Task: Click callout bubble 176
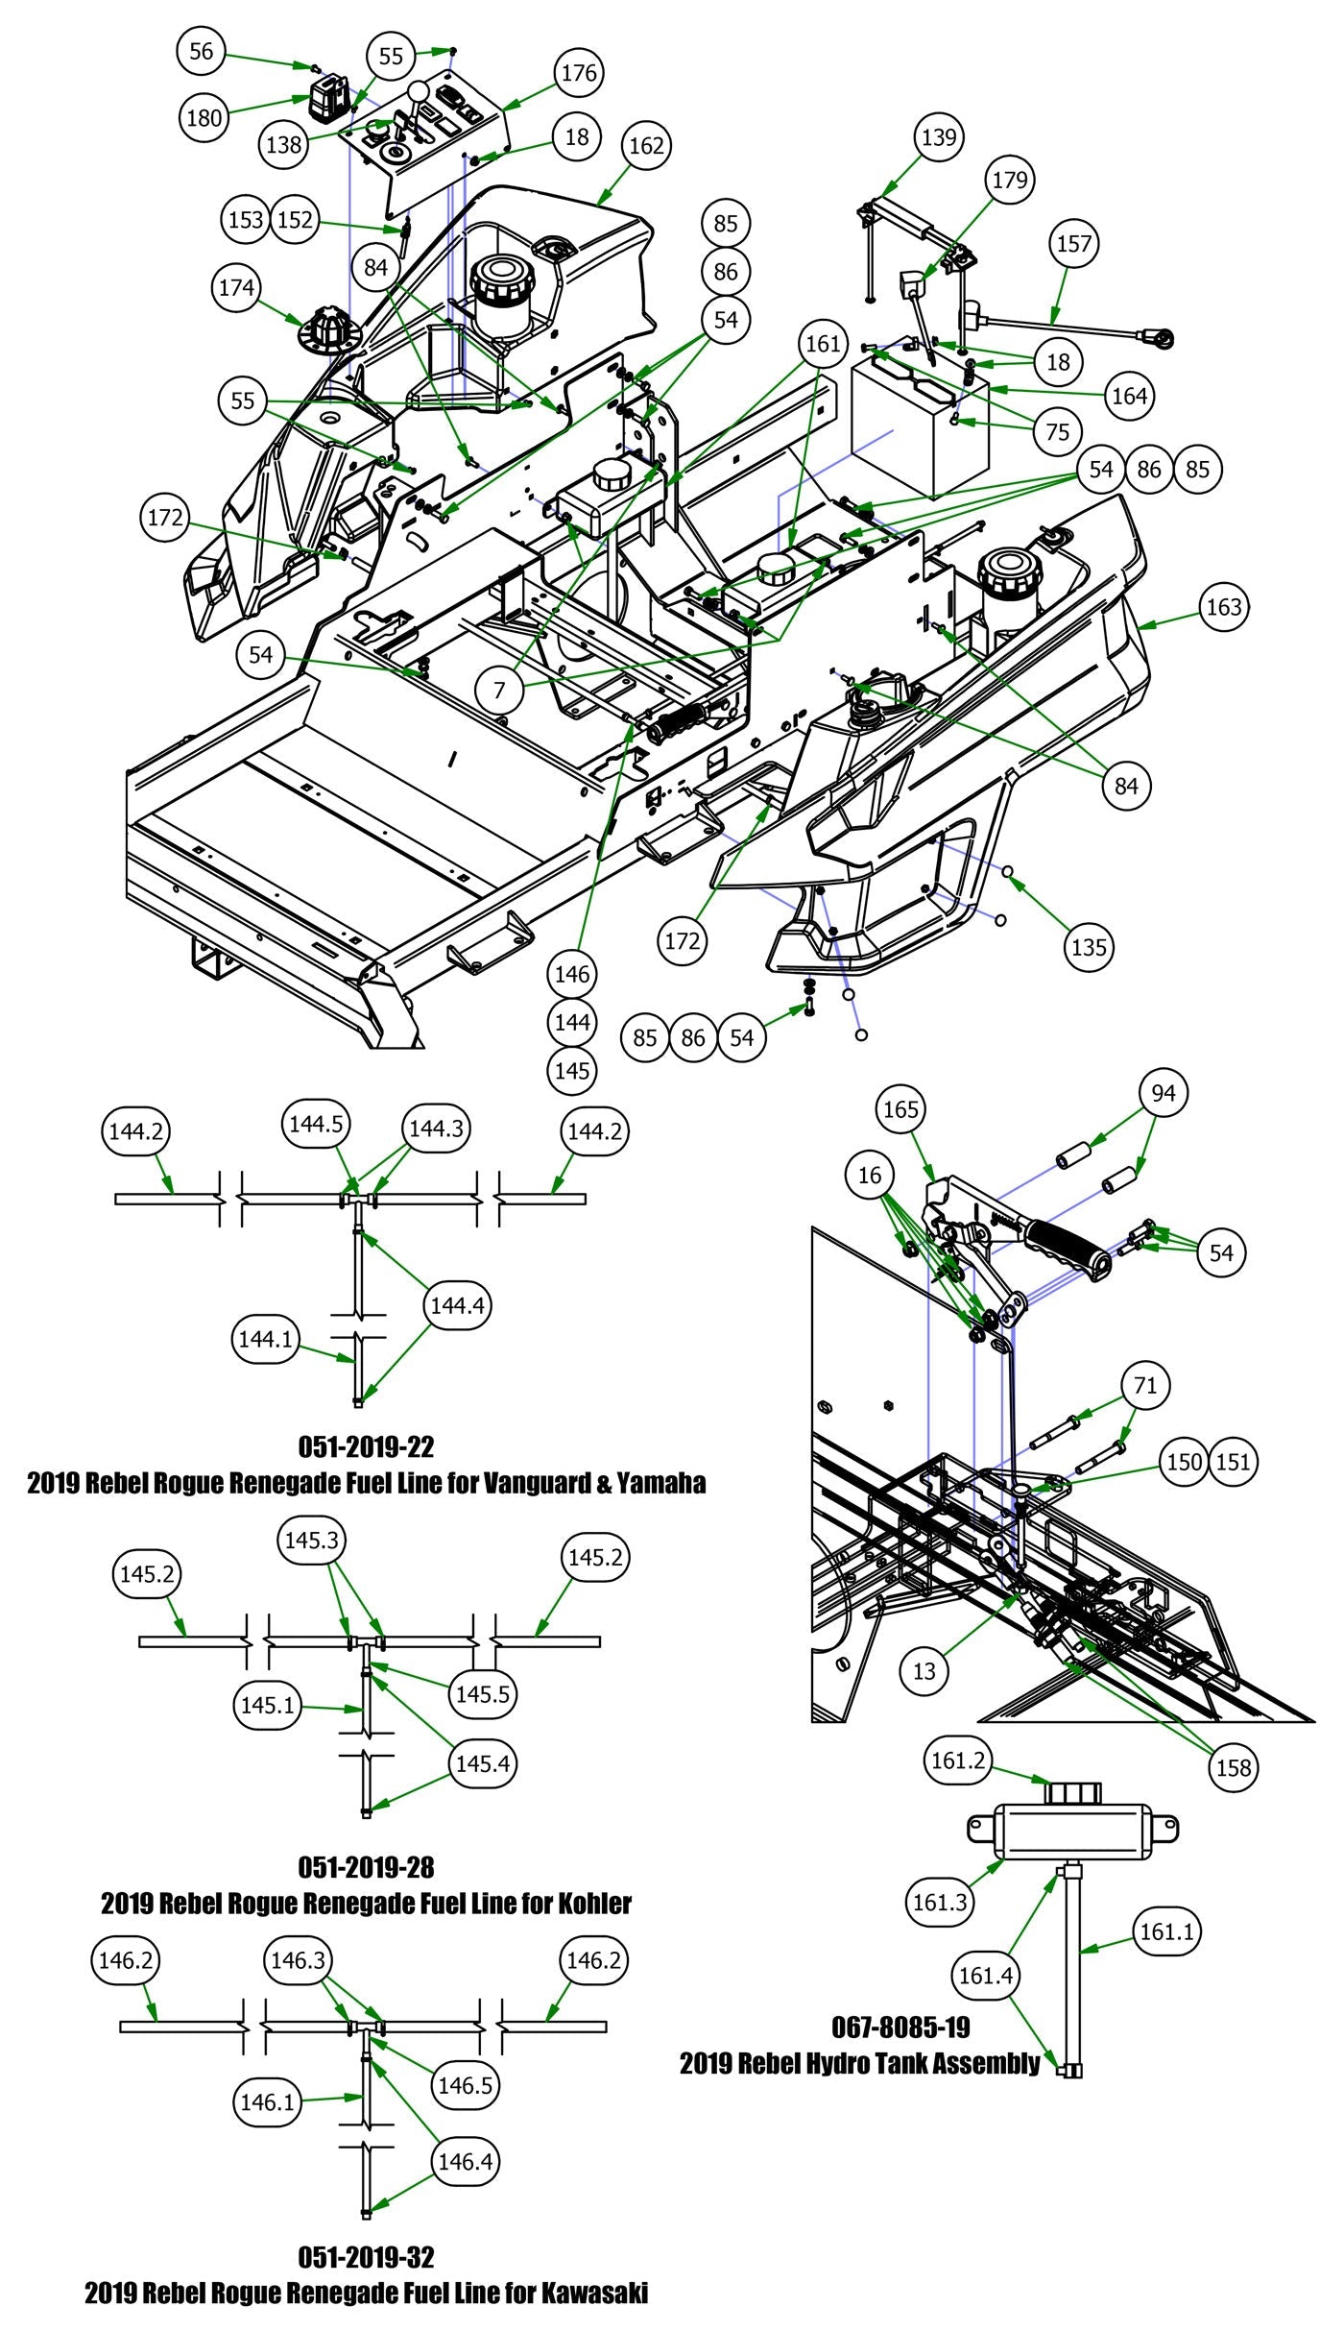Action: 578,73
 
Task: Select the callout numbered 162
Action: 646,146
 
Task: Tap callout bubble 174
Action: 236,288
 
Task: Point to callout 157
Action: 1074,244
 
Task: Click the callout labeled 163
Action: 1223,607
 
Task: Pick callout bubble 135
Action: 1089,947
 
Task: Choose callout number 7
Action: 500,689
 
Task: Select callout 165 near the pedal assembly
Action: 900,1109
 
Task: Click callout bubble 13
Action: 924,1671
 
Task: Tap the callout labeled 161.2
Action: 957,1760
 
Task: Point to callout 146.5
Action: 466,2084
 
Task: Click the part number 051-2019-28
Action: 366,1867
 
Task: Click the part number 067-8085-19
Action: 901,2027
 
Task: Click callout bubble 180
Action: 204,119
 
